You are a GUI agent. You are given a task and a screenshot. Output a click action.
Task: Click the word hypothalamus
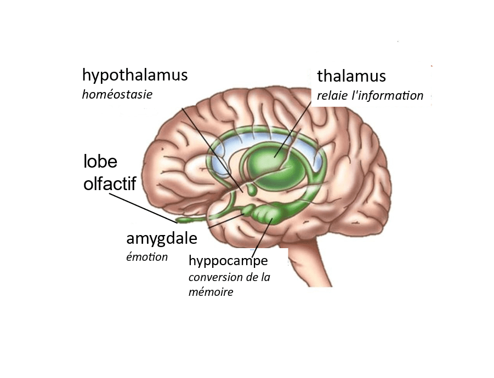(134, 76)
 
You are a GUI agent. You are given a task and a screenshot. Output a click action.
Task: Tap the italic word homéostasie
(117, 94)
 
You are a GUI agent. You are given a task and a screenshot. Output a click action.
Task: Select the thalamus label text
(351, 76)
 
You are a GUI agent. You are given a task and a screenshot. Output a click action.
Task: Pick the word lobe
(100, 162)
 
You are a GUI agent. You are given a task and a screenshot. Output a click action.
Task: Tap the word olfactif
(109, 184)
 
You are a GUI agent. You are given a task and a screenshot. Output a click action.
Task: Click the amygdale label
(161, 239)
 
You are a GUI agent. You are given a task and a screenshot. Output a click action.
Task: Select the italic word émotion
(147, 257)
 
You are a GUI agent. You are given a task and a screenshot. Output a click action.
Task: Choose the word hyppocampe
(228, 260)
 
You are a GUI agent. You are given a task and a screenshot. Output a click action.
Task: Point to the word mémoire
(211, 292)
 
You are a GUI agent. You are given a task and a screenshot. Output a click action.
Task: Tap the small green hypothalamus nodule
(252, 191)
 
